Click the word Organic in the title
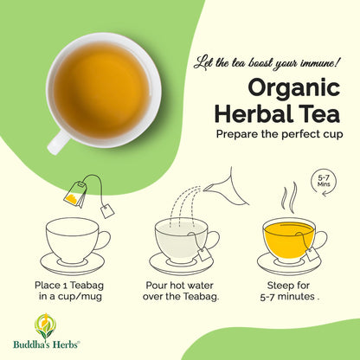[x=294, y=89]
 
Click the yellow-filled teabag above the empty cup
[x=75, y=193]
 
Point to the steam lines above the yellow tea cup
[x=290, y=197]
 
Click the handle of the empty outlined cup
[x=102, y=240]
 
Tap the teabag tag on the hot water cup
[x=204, y=254]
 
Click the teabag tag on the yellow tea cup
[x=313, y=254]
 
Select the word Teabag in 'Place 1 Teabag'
[x=87, y=286]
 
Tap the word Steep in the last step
[x=279, y=286]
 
